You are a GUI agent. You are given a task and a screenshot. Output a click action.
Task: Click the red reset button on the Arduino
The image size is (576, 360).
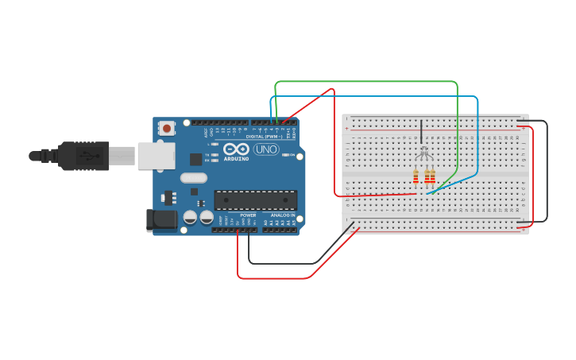pos(167,128)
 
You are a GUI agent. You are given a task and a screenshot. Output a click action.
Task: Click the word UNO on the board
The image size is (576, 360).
pos(266,149)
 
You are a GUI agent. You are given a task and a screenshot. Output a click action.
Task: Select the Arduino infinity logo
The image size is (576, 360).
pos(236,149)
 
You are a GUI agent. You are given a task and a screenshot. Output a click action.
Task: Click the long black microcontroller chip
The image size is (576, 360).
pos(255,200)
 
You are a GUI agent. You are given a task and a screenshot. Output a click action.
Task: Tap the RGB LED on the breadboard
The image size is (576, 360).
pos(423,152)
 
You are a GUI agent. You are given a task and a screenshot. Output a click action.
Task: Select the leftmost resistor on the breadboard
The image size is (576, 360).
pos(416,176)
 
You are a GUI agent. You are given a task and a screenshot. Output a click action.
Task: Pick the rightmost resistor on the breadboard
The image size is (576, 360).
pos(433,176)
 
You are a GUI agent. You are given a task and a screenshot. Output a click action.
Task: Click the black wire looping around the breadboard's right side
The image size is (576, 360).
pos(547,171)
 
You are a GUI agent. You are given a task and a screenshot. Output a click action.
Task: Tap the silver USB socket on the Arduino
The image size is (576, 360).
pos(156,156)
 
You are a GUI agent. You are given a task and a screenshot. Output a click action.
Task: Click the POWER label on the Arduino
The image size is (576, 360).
pos(248,215)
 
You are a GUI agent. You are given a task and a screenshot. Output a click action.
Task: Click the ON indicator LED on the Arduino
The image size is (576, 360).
pos(213,161)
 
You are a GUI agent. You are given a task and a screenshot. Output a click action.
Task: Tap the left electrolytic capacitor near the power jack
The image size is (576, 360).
pos(191,216)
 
